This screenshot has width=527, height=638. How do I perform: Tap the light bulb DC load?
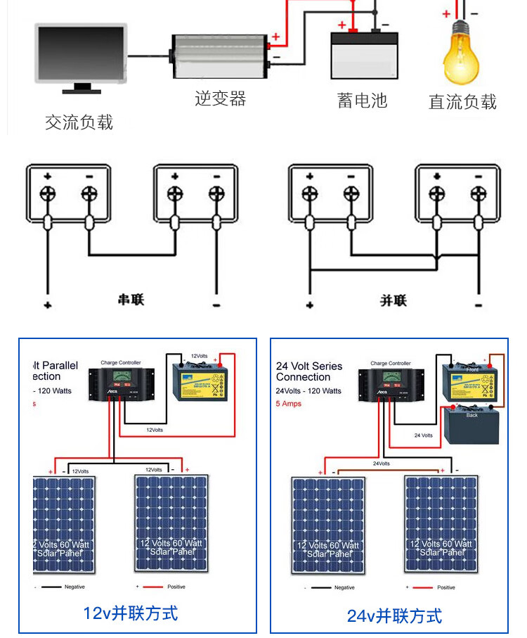click(460, 53)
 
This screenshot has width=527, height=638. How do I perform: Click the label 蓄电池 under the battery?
click(362, 101)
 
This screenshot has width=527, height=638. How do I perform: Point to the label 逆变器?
click(220, 98)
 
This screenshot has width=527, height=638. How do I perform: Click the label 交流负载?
click(79, 122)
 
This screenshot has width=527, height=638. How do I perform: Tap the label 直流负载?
click(462, 102)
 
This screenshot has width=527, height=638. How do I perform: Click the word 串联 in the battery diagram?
click(131, 300)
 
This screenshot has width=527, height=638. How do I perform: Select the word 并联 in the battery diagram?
click(393, 300)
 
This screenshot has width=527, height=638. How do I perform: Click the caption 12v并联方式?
click(131, 613)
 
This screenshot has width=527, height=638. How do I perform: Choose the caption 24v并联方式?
click(394, 616)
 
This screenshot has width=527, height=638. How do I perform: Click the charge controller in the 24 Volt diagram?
click(391, 383)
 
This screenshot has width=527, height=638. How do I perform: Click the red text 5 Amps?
click(288, 404)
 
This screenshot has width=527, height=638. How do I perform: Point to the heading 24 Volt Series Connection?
click(308, 371)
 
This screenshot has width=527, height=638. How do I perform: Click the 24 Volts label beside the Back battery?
click(423, 435)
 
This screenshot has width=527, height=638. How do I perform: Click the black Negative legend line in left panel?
click(51, 587)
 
